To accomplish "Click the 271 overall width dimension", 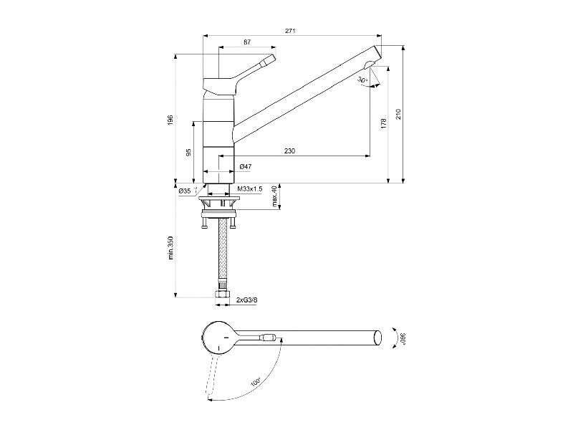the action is pyautogui.click(x=290, y=31).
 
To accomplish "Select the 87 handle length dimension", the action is pyautogui.click(x=247, y=42).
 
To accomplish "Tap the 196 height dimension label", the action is pyautogui.click(x=170, y=120).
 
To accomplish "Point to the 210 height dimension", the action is pyautogui.click(x=398, y=114).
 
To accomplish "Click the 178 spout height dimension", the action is pyautogui.click(x=383, y=123).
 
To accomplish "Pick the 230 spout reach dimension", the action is pyautogui.click(x=289, y=150).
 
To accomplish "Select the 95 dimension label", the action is pyautogui.click(x=189, y=153).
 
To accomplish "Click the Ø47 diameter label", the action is pyautogui.click(x=246, y=167).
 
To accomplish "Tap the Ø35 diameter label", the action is pyautogui.click(x=185, y=191).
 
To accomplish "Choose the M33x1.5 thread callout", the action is pyautogui.click(x=250, y=188).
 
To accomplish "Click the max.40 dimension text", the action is pyautogui.click(x=275, y=196).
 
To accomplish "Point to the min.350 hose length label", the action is pyautogui.click(x=170, y=247).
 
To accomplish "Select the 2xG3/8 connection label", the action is pyautogui.click(x=247, y=300).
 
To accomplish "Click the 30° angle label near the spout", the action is pyautogui.click(x=362, y=80).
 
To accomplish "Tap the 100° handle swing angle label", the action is pyautogui.click(x=256, y=383).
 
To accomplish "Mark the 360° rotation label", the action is pyautogui.click(x=403, y=338).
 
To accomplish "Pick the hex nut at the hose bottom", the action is pyautogui.click(x=222, y=295).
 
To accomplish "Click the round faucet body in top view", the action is pyautogui.click(x=218, y=338).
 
